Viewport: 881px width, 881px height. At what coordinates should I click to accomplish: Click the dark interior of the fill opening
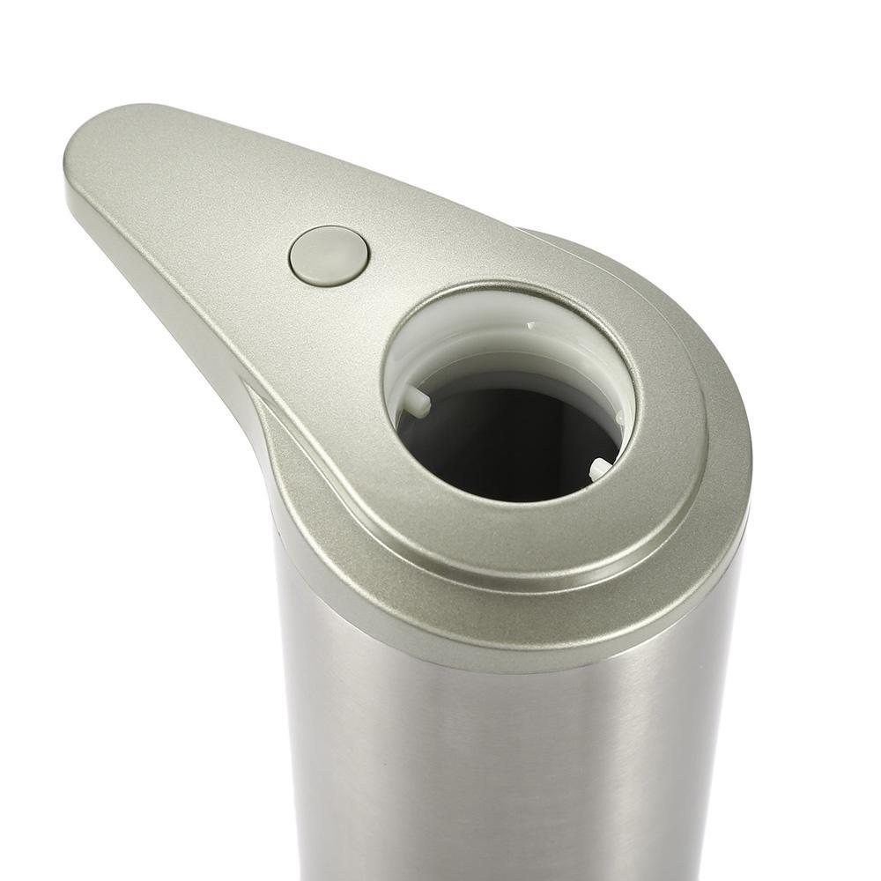click(507, 440)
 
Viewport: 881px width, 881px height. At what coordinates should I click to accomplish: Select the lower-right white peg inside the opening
click(599, 469)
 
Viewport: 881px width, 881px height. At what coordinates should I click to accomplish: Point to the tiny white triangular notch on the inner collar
click(531, 326)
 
